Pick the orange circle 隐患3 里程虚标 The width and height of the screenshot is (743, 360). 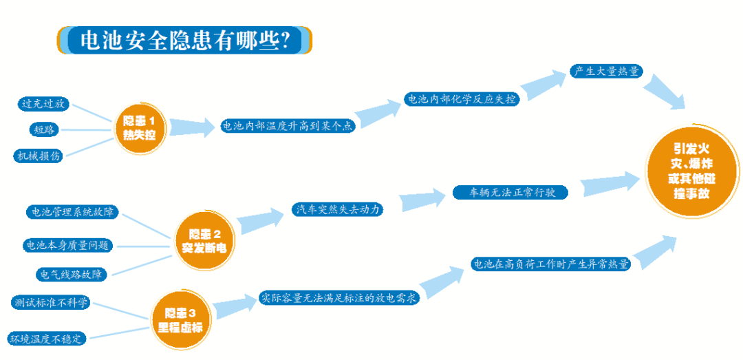pyautogui.click(x=180, y=319)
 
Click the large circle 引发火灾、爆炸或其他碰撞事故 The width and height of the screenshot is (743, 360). pyautogui.click(x=691, y=172)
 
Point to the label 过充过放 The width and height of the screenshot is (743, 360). pyautogui.click(x=44, y=104)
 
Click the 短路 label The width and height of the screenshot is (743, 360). pyautogui.click(x=45, y=129)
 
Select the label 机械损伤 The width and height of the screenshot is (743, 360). pyautogui.click(x=39, y=156)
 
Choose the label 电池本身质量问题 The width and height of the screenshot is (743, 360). pyautogui.click(x=67, y=244)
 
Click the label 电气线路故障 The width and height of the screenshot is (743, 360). pyautogui.click(x=72, y=275)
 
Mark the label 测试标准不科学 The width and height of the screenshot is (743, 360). pyautogui.click(x=51, y=303)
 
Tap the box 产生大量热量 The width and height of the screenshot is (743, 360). pyautogui.click(x=606, y=71)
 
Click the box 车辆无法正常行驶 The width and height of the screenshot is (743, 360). pyautogui.click(x=510, y=193)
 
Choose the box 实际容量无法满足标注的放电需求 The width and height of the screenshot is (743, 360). pyautogui.click(x=339, y=298)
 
